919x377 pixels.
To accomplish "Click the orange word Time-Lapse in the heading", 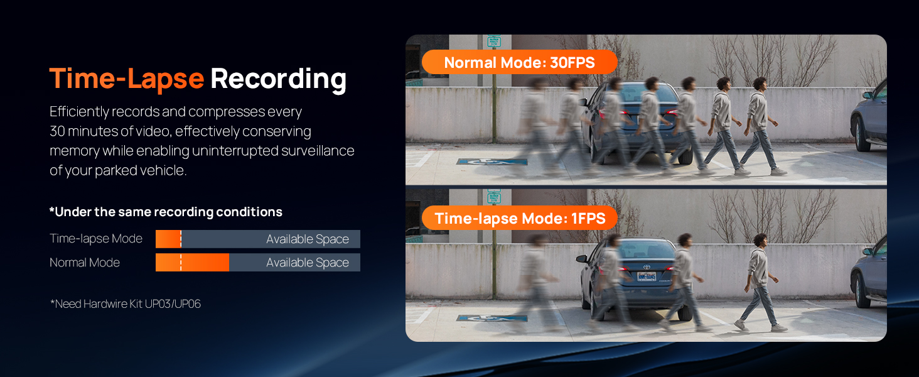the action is coord(126,78).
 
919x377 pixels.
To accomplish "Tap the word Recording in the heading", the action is coord(279,80).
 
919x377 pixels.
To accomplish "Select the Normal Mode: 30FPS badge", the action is coord(519,62).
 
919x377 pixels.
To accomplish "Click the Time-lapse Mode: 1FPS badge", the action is coord(519,218).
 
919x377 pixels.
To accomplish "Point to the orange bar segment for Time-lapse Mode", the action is coord(168,239).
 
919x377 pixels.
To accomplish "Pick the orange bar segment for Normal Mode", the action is coord(192,263).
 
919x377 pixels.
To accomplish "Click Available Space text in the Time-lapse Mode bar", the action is coord(308,239).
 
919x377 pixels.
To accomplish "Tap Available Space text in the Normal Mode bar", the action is coord(308,263).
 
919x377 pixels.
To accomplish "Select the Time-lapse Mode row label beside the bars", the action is coord(96,239).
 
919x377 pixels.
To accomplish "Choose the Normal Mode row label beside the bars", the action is coord(85,263).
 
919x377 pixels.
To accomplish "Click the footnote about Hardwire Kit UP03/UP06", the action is coord(125,304).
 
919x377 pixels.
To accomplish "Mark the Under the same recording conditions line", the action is coord(166,212).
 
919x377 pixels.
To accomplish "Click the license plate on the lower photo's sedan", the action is coord(647,276).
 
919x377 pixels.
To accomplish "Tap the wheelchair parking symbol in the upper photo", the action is coord(492,162).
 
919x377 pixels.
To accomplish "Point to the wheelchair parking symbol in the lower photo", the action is coord(492,318).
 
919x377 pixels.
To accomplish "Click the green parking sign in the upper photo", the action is coord(494,41).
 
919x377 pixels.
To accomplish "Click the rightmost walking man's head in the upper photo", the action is coord(760,85).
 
